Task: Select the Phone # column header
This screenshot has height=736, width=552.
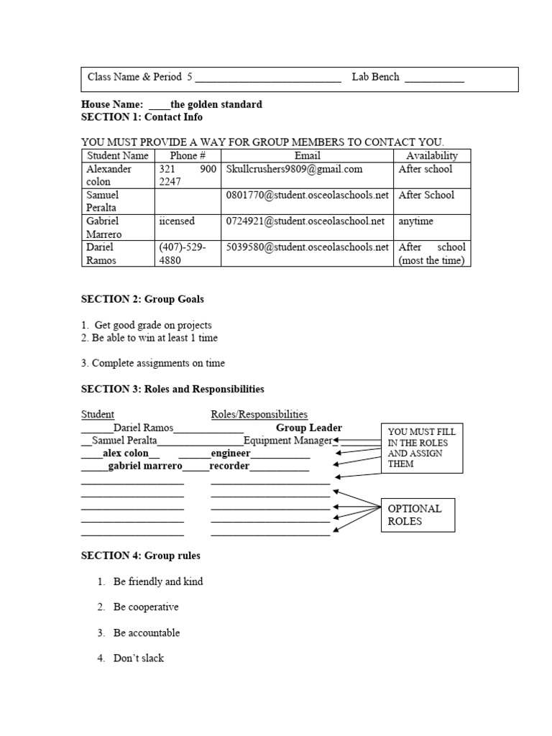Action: pos(188,155)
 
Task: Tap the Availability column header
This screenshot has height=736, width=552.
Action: pos(431,155)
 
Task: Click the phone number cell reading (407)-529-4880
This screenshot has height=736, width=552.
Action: pos(183,254)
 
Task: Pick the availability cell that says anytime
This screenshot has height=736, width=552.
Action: pos(416,221)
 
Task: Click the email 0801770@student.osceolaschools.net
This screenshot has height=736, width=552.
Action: pos(307,195)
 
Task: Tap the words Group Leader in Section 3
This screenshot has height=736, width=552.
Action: pos(309,428)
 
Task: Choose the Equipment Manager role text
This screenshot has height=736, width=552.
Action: pos(287,441)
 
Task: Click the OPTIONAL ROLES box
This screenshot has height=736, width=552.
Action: pos(417,515)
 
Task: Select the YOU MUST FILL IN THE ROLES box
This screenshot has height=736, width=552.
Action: pos(422,448)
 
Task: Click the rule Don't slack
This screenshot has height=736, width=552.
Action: pos(139,658)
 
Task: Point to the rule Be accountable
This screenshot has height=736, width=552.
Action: pos(147,633)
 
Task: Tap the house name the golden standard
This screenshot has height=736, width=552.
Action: pos(216,104)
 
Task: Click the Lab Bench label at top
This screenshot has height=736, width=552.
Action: pos(375,77)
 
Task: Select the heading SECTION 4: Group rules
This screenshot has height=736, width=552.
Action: pos(141,556)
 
